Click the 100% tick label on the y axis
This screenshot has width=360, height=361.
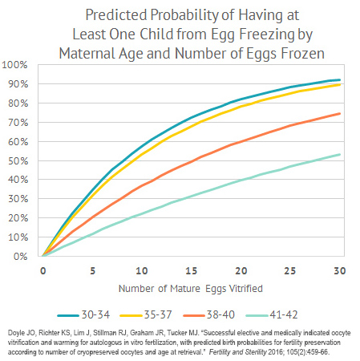click(x=15, y=64)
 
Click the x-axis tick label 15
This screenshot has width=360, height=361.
click(x=191, y=270)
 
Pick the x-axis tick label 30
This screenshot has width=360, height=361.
click(x=340, y=270)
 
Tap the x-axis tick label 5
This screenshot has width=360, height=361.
click(x=91, y=270)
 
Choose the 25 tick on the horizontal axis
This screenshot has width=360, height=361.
click(x=290, y=270)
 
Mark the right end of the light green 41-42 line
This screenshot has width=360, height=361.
click(x=340, y=155)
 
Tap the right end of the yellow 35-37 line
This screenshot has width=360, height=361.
click(x=340, y=84)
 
